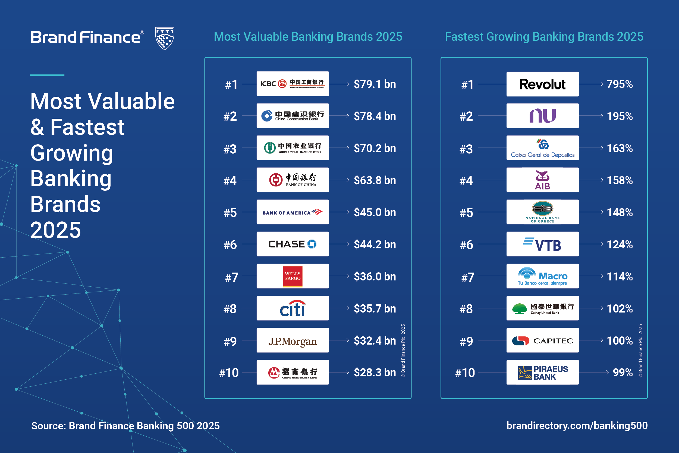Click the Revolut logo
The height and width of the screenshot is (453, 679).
[542, 84]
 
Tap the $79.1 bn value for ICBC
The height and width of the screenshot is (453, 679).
[375, 84]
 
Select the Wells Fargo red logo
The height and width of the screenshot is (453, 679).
[293, 276]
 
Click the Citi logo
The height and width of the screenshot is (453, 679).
[293, 308]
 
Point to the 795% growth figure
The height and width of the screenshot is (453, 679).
[620, 84]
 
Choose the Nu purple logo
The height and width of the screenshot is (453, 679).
[542, 116]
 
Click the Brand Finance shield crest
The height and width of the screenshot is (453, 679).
[165, 38]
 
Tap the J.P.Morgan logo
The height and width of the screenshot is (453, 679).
[293, 341]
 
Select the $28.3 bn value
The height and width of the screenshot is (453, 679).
[375, 372]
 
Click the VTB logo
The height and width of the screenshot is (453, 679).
[542, 244]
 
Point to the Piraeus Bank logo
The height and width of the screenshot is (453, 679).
[542, 372]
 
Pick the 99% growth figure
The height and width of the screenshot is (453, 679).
[623, 372]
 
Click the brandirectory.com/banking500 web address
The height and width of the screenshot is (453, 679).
[577, 425]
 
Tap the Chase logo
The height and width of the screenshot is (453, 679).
[293, 244]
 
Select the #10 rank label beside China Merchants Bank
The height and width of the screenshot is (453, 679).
[229, 373]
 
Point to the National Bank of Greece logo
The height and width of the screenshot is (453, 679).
[542, 212]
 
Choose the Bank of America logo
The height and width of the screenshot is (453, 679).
[293, 212]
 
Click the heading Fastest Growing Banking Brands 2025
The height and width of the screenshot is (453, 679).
[544, 37]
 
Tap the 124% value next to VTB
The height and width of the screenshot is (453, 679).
[620, 244]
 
